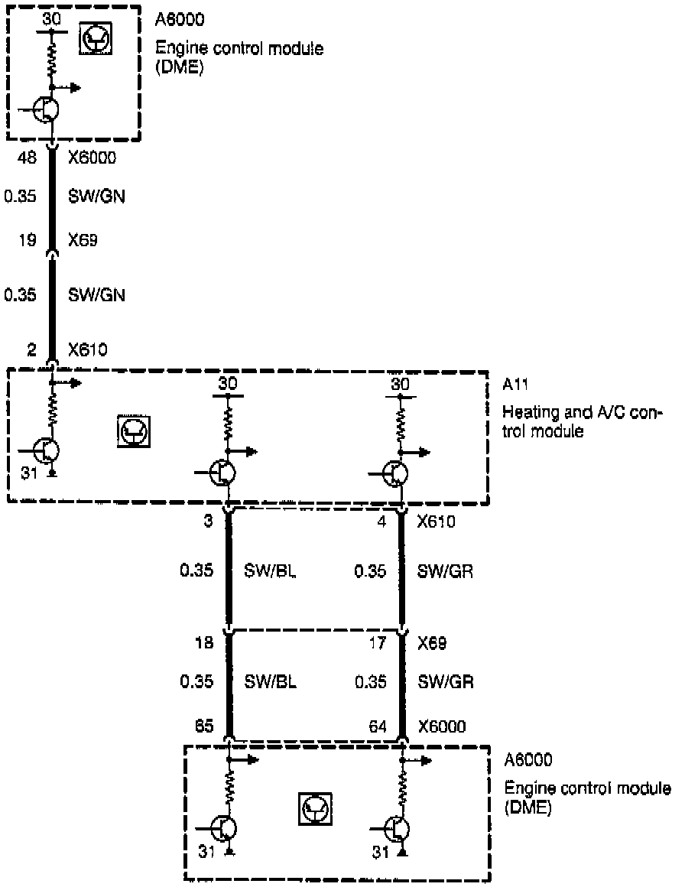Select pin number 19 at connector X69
pos(28,240)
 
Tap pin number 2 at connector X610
pos(31,350)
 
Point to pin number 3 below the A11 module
pos(207,522)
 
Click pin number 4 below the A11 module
pos(382,522)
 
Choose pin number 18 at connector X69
pos(203,645)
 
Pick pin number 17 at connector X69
pos(378,645)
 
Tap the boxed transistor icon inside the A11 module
pos(134,431)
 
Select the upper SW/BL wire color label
pos(270,570)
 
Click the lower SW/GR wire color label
pos(446,681)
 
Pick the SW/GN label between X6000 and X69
pos(96,197)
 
